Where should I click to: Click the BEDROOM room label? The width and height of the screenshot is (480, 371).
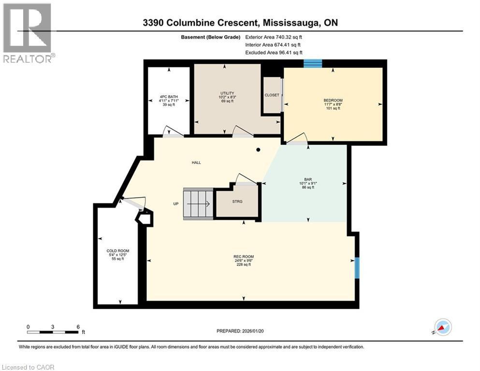point(332,101)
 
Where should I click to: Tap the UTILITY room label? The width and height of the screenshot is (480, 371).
point(227,93)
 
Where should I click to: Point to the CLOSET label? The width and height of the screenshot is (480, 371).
point(272,95)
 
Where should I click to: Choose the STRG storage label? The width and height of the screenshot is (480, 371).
point(237,201)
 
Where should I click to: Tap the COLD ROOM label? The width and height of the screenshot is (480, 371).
point(116,251)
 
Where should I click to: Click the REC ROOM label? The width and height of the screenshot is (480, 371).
point(244,257)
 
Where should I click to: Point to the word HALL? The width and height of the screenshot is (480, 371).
point(196,163)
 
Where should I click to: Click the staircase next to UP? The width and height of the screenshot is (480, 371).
point(197,204)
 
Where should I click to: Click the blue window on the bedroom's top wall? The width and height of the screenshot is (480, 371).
point(313,63)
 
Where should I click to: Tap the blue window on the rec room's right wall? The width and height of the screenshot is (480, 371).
point(357,268)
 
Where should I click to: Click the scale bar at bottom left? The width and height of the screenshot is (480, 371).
point(53,332)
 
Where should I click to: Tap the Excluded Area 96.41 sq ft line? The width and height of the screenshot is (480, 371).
point(274,53)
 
